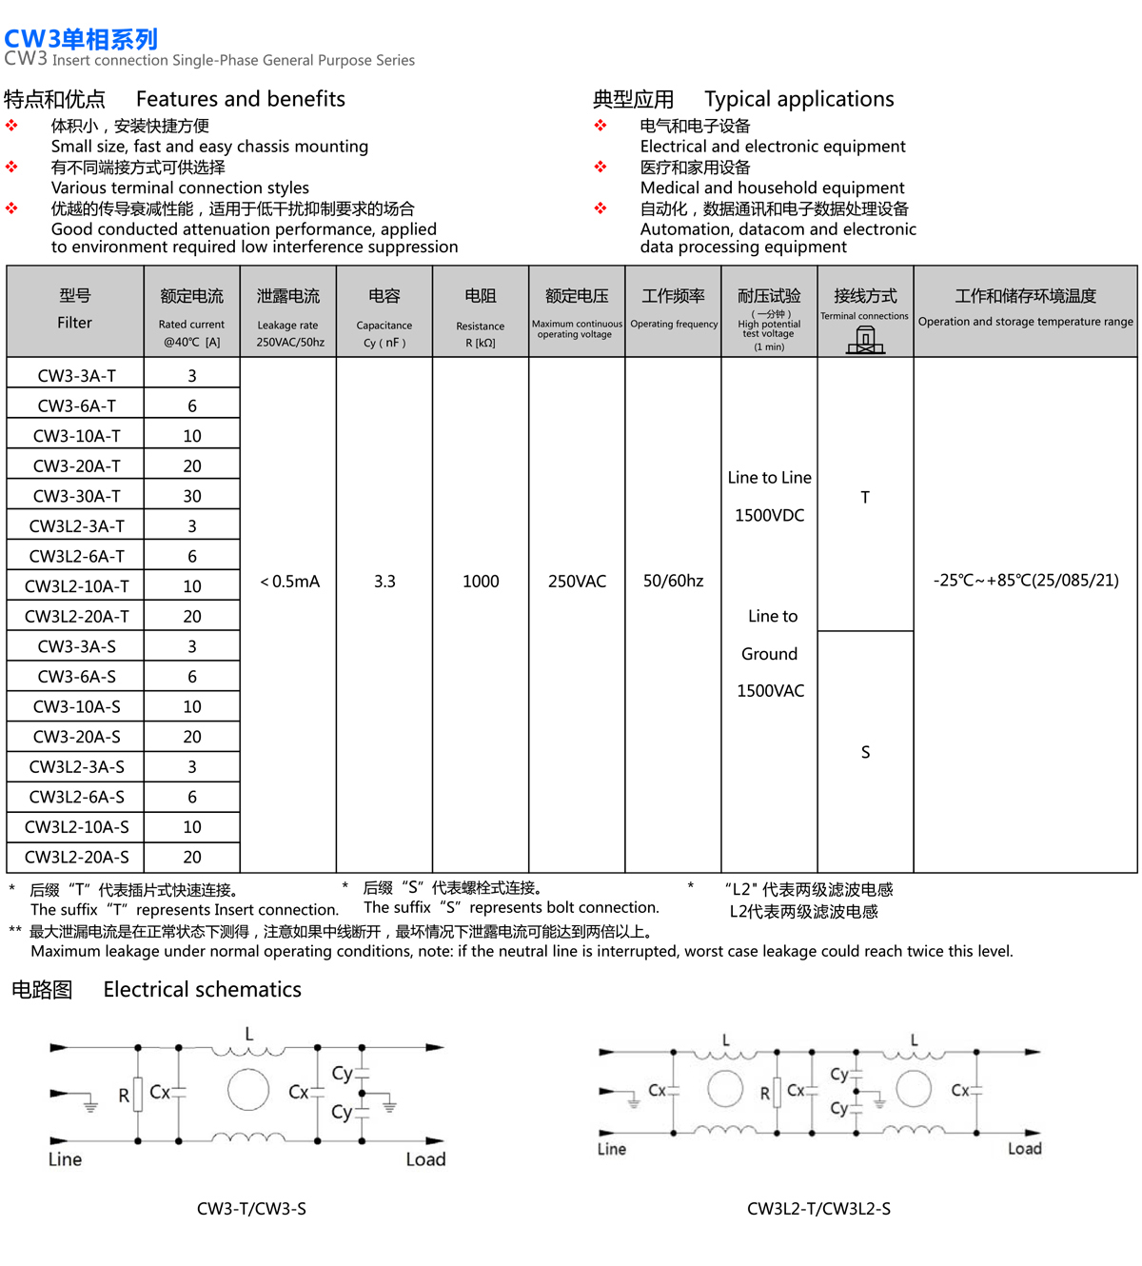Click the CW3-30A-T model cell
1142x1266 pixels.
[76, 496]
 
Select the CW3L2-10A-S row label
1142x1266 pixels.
[76, 827]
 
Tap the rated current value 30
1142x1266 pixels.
[192, 496]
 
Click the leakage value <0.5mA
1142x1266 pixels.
[289, 582]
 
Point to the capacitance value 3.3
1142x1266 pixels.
[384, 582]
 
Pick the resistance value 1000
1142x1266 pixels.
[481, 582]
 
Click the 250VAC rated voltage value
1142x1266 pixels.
[577, 582]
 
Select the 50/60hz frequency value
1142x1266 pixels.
[673, 582]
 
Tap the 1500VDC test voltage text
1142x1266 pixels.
[769, 516]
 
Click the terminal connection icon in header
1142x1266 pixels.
[865, 339]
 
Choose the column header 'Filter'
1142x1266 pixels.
[74, 323]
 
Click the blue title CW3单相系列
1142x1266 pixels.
[81, 39]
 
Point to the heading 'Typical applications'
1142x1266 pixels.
[798, 99]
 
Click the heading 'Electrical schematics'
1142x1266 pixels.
[202, 990]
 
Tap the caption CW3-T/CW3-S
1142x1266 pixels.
[251, 1209]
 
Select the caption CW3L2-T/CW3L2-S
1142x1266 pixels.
[818, 1209]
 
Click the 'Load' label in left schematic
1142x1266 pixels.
[425, 1159]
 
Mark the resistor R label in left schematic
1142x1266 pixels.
[124, 1096]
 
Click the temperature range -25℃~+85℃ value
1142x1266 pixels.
[1026, 581]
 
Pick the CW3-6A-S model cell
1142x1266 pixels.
[76, 677]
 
